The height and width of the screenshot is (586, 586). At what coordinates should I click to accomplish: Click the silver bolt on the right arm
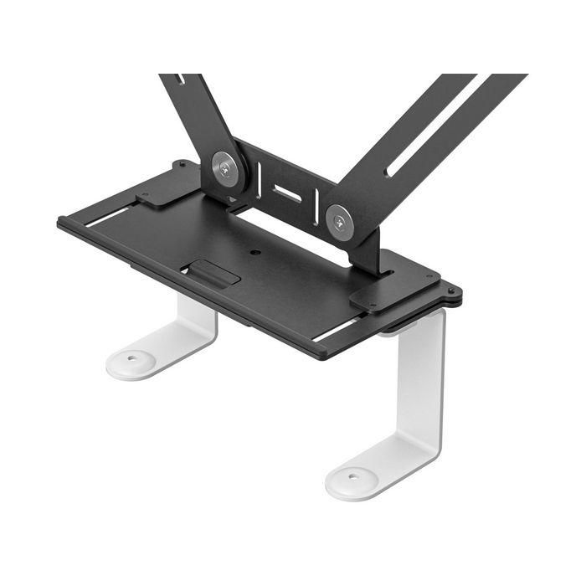pyautogui.click(x=339, y=221)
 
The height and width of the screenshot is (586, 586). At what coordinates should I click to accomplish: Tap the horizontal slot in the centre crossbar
pyautogui.click(x=287, y=193)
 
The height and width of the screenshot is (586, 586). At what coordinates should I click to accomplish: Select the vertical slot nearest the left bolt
pyautogui.click(x=260, y=178)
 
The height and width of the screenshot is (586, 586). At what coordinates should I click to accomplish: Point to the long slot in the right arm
pyautogui.click(x=435, y=126)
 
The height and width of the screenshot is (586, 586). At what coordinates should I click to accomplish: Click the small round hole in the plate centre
pyautogui.click(x=256, y=251)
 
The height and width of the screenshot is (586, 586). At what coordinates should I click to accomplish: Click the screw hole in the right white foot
pyautogui.click(x=352, y=477)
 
